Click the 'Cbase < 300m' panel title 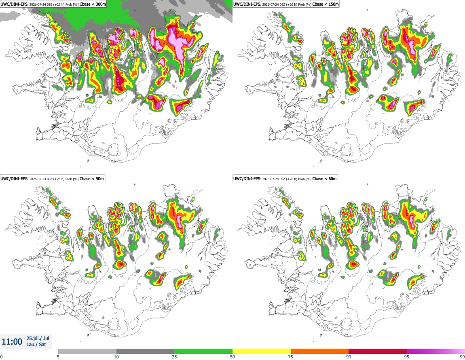(x=93, y=4)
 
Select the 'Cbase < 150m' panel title (x=325, y=4)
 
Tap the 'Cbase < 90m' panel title (x=92, y=179)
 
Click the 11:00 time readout (x=12, y=342)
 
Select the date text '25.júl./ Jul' (x=38, y=338)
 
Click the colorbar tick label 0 (x=2, y=357)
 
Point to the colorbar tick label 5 (x=58, y=357)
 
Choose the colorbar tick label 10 (x=116, y=357)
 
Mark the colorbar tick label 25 (x=174, y=357)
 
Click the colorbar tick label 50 (x=232, y=357)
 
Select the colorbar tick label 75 (x=291, y=357)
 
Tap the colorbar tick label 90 (x=349, y=357)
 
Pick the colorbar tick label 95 (x=407, y=357)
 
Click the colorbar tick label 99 (x=462, y=357)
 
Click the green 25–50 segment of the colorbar (x=203, y=351)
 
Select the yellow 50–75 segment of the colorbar (x=262, y=351)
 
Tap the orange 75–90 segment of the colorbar (x=320, y=351)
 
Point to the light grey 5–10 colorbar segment (x=87, y=351)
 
